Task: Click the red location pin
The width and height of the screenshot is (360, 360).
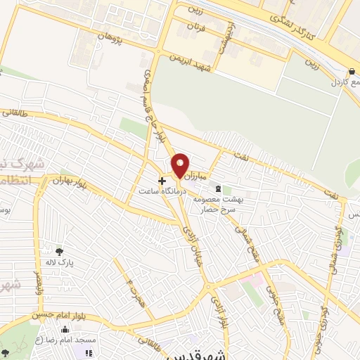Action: (x=181, y=165)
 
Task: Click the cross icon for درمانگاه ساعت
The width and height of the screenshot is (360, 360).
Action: (x=162, y=180)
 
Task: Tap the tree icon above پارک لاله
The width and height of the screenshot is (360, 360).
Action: (x=60, y=251)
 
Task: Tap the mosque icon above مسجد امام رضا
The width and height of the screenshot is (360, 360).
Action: (x=65, y=329)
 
